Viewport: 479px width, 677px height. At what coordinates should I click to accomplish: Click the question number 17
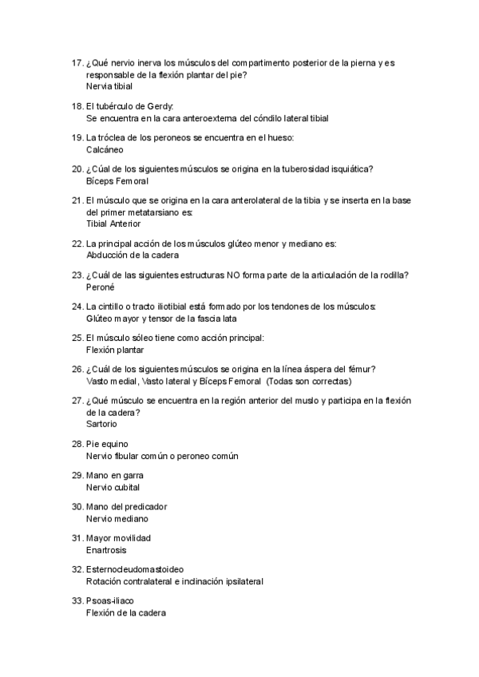(77, 63)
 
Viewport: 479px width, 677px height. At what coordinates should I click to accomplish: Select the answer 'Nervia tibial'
(109, 85)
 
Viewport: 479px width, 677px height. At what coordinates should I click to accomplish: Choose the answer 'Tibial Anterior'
(113, 224)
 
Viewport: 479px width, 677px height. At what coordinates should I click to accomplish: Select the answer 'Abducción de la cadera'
(132, 255)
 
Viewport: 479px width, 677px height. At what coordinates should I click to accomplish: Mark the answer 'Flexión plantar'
(114, 350)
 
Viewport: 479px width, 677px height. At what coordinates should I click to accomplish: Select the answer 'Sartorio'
(102, 424)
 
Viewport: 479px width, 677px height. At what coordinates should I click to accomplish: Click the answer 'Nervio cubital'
(113, 487)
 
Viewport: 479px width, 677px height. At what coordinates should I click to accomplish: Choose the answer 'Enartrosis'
(106, 550)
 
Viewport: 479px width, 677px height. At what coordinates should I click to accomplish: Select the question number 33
(77, 601)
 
